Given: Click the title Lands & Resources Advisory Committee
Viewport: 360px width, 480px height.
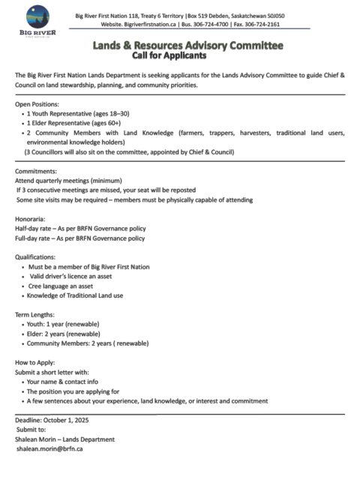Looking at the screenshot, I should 187,46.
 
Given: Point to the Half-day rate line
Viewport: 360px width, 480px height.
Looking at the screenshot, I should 80,228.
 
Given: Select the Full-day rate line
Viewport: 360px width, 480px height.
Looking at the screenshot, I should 80,238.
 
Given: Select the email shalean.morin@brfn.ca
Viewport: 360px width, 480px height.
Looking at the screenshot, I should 49,448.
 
